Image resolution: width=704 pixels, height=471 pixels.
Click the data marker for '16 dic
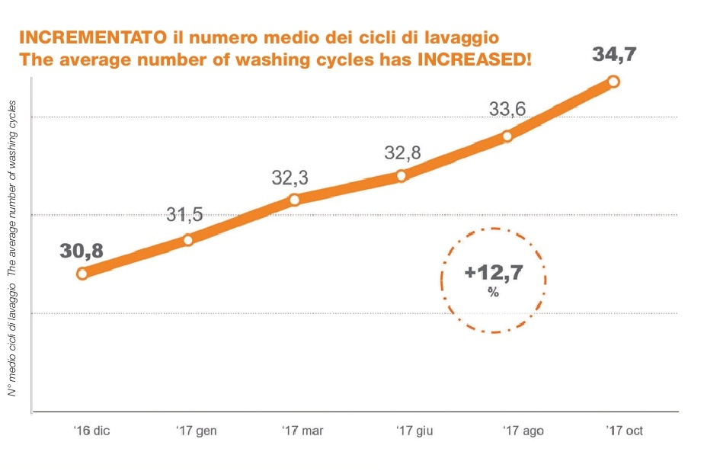pyautogui.click(x=82, y=274)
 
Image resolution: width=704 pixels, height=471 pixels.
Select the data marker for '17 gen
pyautogui.click(x=188, y=239)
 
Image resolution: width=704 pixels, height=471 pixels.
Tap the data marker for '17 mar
pyautogui.click(x=294, y=200)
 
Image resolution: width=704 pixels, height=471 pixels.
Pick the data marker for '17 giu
pyautogui.click(x=402, y=176)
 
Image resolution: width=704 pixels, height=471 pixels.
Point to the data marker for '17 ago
pyautogui.click(x=507, y=136)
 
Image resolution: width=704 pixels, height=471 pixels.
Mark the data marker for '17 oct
pyautogui.click(x=613, y=82)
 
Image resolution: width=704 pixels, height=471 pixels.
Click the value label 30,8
pyautogui.click(x=82, y=249)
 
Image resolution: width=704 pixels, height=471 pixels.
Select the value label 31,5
pyautogui.click(x=185, y=215)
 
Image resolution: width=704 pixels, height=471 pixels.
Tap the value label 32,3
pyautogui.click(x=290, y=178)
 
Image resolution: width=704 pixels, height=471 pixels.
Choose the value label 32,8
pyautogui.click(x=402, y=153)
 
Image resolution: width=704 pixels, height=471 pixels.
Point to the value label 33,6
pyautogui.click(x=507, y=110)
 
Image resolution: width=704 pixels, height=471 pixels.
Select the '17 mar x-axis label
pyautogui.click(x=302, y=431)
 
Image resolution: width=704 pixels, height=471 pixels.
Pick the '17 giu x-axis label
pyautogui.click(x=414, y=431)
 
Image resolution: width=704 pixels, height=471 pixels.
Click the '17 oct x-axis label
pyautogui.click(x=624, y=431)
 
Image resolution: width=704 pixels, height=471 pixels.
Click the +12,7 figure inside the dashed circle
pyautogui.click(x=494, y=273)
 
